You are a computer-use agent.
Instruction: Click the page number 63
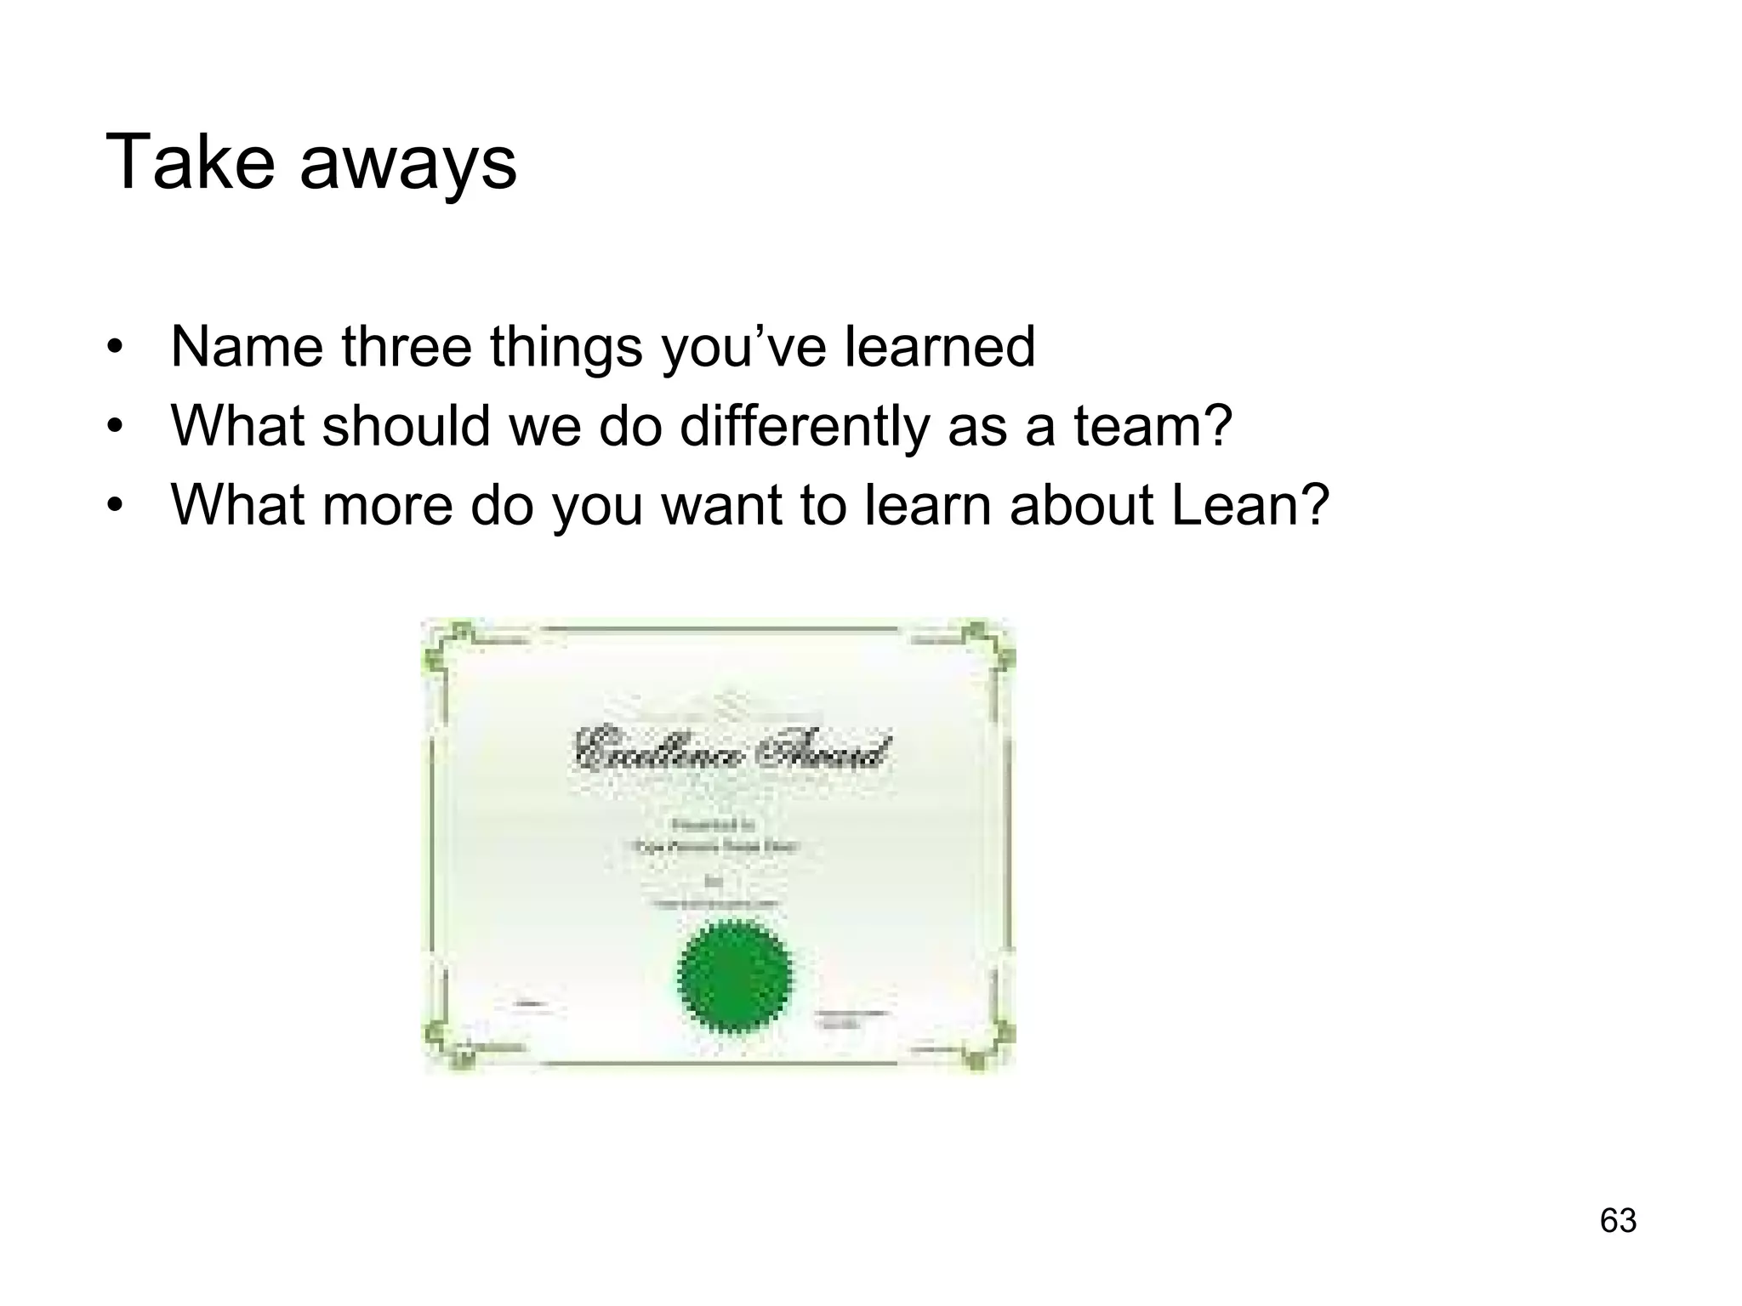coord(1618,1220)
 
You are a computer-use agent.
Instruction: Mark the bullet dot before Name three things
coord(117,349)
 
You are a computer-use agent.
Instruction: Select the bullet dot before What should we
coord(117,427)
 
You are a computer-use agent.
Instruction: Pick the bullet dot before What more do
coord(117,506)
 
